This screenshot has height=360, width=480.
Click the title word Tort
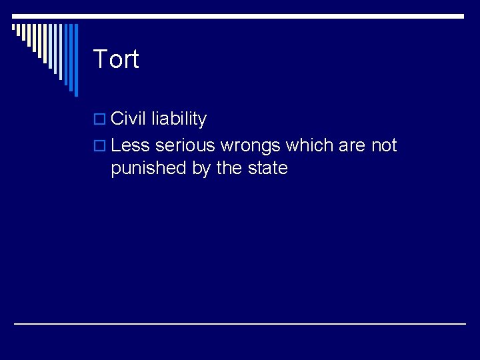click(116, 59)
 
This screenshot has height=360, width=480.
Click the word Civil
click(129, 119)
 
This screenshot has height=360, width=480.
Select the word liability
click(179, 119)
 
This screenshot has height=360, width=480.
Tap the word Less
click(131, 145)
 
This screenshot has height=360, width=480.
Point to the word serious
click(185, 145)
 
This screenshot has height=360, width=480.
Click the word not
click(384, 145)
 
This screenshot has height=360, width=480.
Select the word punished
click(149, 168)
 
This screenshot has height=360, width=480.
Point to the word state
click(267, 168)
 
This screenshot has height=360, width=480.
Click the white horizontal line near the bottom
click(240, 324)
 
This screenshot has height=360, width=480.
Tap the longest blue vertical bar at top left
click(75, 60)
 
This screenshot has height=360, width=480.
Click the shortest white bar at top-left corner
click(14, 28)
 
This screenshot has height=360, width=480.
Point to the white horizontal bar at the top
click(267, 16)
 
